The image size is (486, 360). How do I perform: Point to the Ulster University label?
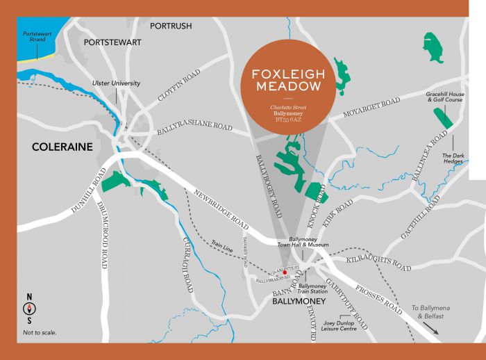pyautogui.click(x=117, y=83)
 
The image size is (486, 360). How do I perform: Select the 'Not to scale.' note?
pyautogui.click(x=40, y=333)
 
